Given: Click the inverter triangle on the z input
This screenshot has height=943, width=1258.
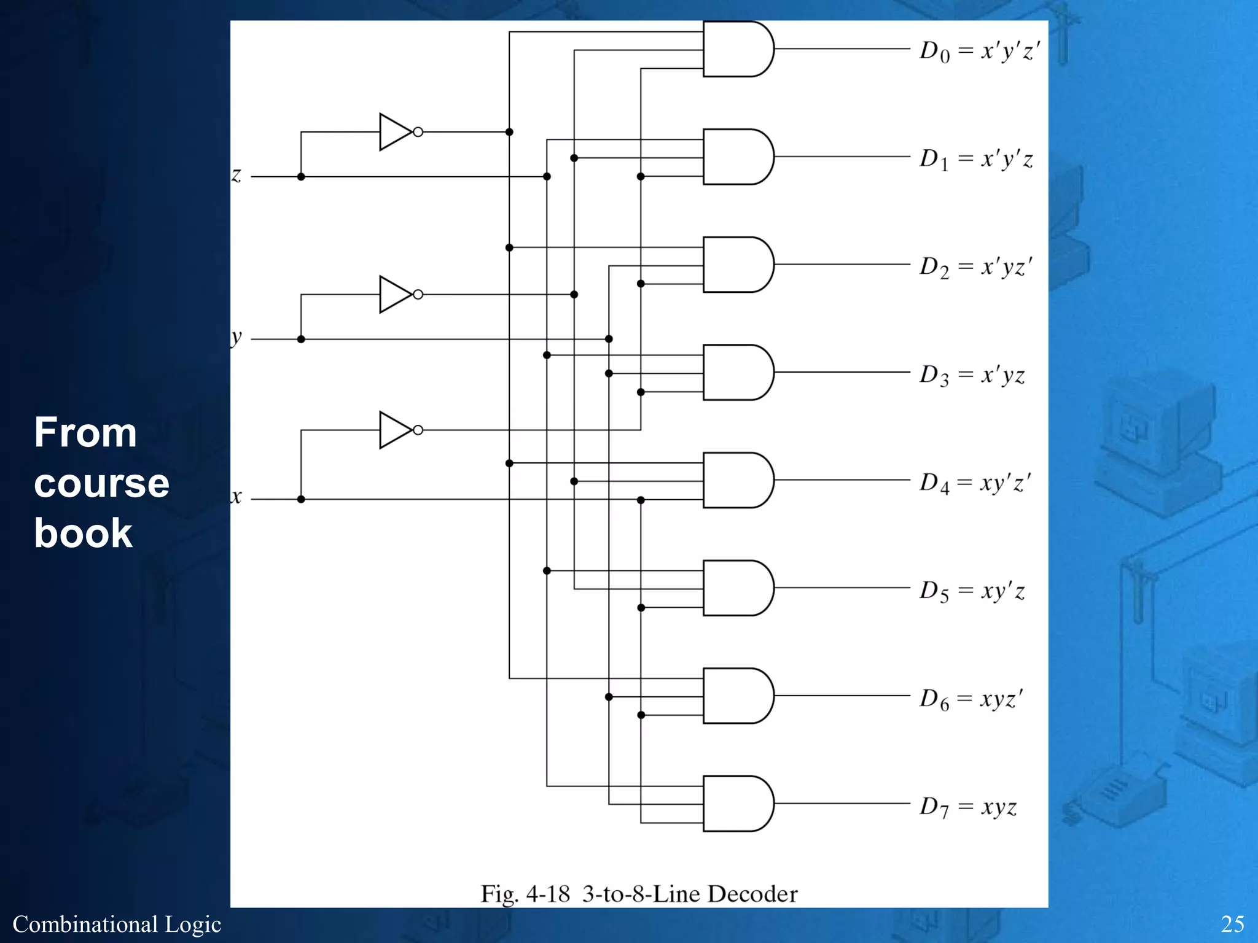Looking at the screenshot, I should [394, 132].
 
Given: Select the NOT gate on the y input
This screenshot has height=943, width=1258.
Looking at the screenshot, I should [394, 295].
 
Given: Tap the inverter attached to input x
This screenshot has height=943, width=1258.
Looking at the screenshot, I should [394, 430].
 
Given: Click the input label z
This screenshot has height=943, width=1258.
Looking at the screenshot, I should [236, 176].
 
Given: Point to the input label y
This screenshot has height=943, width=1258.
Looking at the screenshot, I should [236, 338].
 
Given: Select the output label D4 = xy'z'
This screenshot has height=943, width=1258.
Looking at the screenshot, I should [974, 483].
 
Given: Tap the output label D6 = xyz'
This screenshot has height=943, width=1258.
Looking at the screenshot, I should [971, 699].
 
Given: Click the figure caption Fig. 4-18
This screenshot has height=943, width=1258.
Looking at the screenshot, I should [525, 894].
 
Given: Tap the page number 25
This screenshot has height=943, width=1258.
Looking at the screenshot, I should [1232, 924].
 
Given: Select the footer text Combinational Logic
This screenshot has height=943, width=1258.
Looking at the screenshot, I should [117, 924].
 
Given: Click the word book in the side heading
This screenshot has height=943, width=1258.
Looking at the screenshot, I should [83, 532].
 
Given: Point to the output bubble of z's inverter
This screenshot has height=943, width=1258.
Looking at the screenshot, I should [418, 132].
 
